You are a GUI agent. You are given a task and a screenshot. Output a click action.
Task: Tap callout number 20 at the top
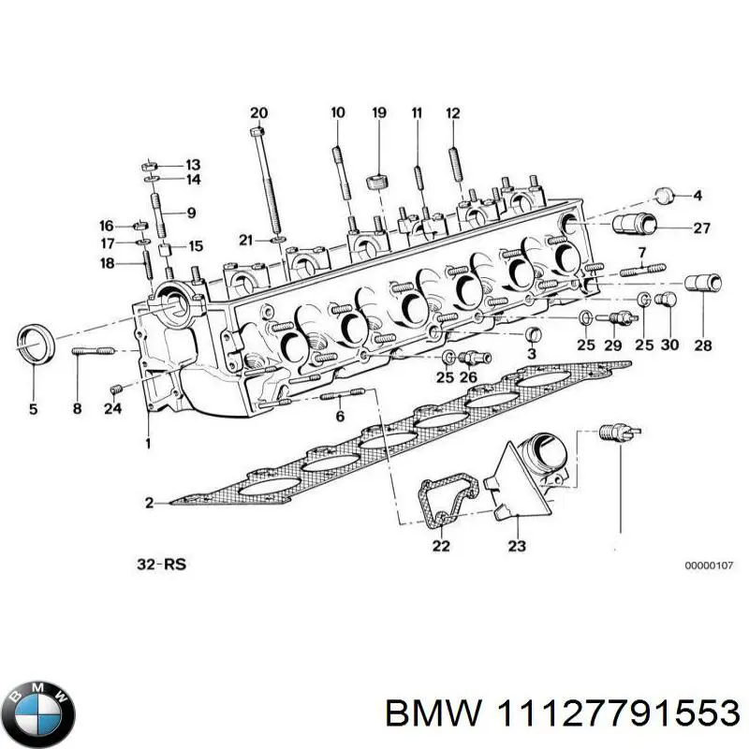click(258, 113)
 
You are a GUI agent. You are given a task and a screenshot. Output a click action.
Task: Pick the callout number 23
click(516, 546)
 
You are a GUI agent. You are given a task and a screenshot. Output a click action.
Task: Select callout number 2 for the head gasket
click(149, 504)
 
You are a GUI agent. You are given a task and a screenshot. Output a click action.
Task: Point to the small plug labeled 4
click(663, 196)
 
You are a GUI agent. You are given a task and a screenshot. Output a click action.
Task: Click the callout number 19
click(378, 113)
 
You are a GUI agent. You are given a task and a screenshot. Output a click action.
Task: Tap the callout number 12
click(453, 113)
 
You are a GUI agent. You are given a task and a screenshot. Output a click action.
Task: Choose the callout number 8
click(78, 408)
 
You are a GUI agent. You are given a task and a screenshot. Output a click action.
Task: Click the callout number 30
click(669, 345)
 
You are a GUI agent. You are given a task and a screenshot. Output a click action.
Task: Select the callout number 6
click(340, 416)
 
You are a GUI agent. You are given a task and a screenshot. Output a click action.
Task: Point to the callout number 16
click(107, 226)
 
